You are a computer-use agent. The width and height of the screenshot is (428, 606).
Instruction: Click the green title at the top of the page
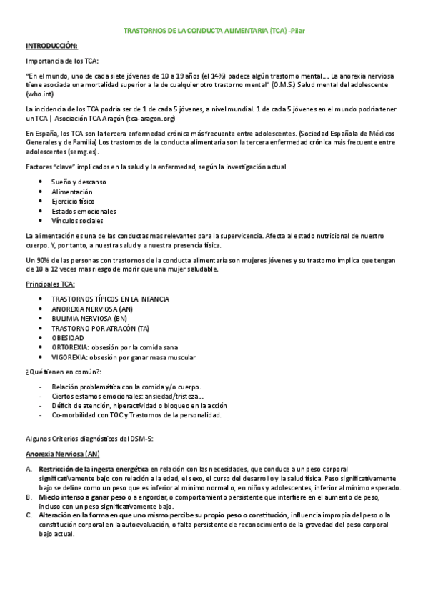[214, 31]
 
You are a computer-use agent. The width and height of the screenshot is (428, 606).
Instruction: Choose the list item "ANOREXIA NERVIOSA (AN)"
[91, 309]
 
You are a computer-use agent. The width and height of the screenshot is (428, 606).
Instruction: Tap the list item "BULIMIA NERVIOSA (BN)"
[89, 318]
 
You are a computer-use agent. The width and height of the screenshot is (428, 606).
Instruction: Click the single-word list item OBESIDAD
[68, 337]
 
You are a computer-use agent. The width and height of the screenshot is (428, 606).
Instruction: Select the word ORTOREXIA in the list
[69, 347]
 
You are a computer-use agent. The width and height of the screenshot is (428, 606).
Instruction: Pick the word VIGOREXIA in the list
[69, 357]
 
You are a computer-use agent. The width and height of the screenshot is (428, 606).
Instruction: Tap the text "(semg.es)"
[83, 151]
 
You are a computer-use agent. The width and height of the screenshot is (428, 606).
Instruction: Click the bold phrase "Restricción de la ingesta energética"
[94, 469]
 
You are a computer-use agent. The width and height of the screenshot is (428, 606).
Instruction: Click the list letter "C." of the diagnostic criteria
[29, 515]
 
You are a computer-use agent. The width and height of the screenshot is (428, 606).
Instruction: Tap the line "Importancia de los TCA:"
[61, 61]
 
